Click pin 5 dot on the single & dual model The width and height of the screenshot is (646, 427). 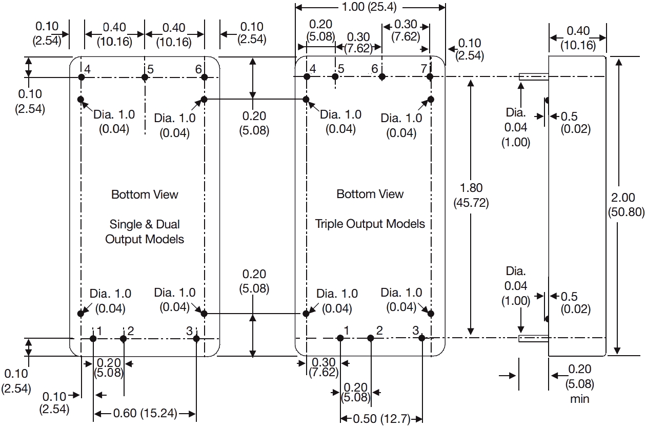click(145, 77)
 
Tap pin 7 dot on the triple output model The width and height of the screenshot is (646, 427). click(431, 77)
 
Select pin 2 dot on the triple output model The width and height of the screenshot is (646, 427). click(370, 338)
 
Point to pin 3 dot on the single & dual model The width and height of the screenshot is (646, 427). click(196, 338)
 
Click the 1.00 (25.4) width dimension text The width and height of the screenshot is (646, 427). click(371, 7)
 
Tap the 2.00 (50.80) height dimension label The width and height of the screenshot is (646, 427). click(625, 204)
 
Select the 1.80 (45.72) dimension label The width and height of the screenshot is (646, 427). click(471, 196)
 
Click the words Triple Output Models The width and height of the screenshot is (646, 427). click(370, 224)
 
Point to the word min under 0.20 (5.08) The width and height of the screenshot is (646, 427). click(579, 399)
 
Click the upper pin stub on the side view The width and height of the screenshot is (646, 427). click(534, 77)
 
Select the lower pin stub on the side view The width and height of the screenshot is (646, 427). click(534, 338)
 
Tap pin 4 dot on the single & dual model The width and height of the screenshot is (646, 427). click(82, 77)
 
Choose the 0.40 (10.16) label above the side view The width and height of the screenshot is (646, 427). click(578, 38)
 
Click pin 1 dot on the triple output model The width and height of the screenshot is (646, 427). click(340, 338)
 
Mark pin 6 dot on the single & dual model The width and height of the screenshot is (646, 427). click(204, 77)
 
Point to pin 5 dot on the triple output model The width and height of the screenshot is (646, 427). click(335, 77)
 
